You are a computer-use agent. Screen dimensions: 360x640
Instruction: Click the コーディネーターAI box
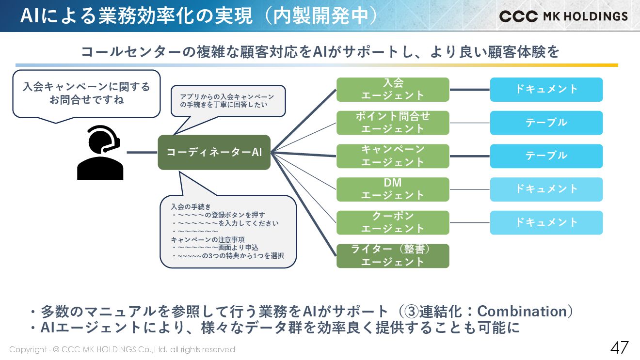tap(214, 152)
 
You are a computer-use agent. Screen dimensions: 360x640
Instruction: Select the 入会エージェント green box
tap(393, 90)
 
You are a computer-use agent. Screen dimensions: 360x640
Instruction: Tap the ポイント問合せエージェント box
tap(393, 123)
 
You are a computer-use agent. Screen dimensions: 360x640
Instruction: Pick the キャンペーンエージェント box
tap(393, 156)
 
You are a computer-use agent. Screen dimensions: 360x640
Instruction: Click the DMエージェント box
tap(393, 189)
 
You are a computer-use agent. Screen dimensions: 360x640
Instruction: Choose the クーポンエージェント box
tap(393, 222)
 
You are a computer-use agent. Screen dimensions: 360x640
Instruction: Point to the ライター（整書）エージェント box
tap(393, 256)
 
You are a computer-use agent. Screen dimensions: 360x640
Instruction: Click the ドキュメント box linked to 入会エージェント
tap(546, 90)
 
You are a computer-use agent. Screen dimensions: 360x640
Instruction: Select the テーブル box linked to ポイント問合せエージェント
tap(546, 123)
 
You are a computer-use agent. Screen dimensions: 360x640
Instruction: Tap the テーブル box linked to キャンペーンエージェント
tap(546, 156)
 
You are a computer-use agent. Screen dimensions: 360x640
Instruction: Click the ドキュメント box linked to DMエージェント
tap(546, 189)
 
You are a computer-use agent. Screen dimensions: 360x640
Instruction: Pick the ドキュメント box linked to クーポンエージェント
tap(546, 222)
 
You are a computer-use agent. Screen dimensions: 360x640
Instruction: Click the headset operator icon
tap(100, 153)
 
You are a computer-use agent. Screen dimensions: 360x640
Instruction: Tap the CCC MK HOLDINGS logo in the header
tap(563, 16)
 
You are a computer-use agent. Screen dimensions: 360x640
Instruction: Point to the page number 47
tap(619, 348)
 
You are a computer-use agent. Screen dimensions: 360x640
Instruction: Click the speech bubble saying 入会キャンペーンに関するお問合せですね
tap(86, 93)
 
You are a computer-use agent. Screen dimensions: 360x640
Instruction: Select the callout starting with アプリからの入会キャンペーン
tap(228, 101)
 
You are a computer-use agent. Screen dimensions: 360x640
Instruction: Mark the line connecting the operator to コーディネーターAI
tap(142, 152)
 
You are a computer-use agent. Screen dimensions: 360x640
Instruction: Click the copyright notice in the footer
tap(122, 349)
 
